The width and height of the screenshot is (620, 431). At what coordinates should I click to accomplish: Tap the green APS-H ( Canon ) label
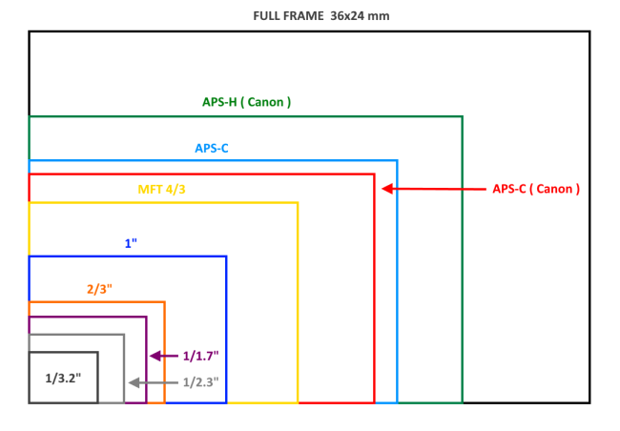pos(246,102)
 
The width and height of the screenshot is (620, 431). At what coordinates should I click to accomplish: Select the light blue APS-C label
pos(212,148)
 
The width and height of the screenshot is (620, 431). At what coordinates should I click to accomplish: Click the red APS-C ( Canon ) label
pos(536,189)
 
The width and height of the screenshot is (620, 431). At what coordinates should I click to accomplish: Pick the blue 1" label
pos(131,243)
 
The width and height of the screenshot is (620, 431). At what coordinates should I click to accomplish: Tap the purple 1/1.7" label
pos(200,356)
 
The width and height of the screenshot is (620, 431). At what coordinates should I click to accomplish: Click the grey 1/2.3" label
pos(200,382)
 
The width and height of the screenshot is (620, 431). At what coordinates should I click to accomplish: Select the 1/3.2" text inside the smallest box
pos(63,379)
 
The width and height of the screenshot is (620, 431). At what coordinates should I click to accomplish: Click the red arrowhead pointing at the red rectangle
pos(387,189)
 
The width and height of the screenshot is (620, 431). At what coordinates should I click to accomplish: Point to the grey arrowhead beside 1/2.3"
pos(133,382)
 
